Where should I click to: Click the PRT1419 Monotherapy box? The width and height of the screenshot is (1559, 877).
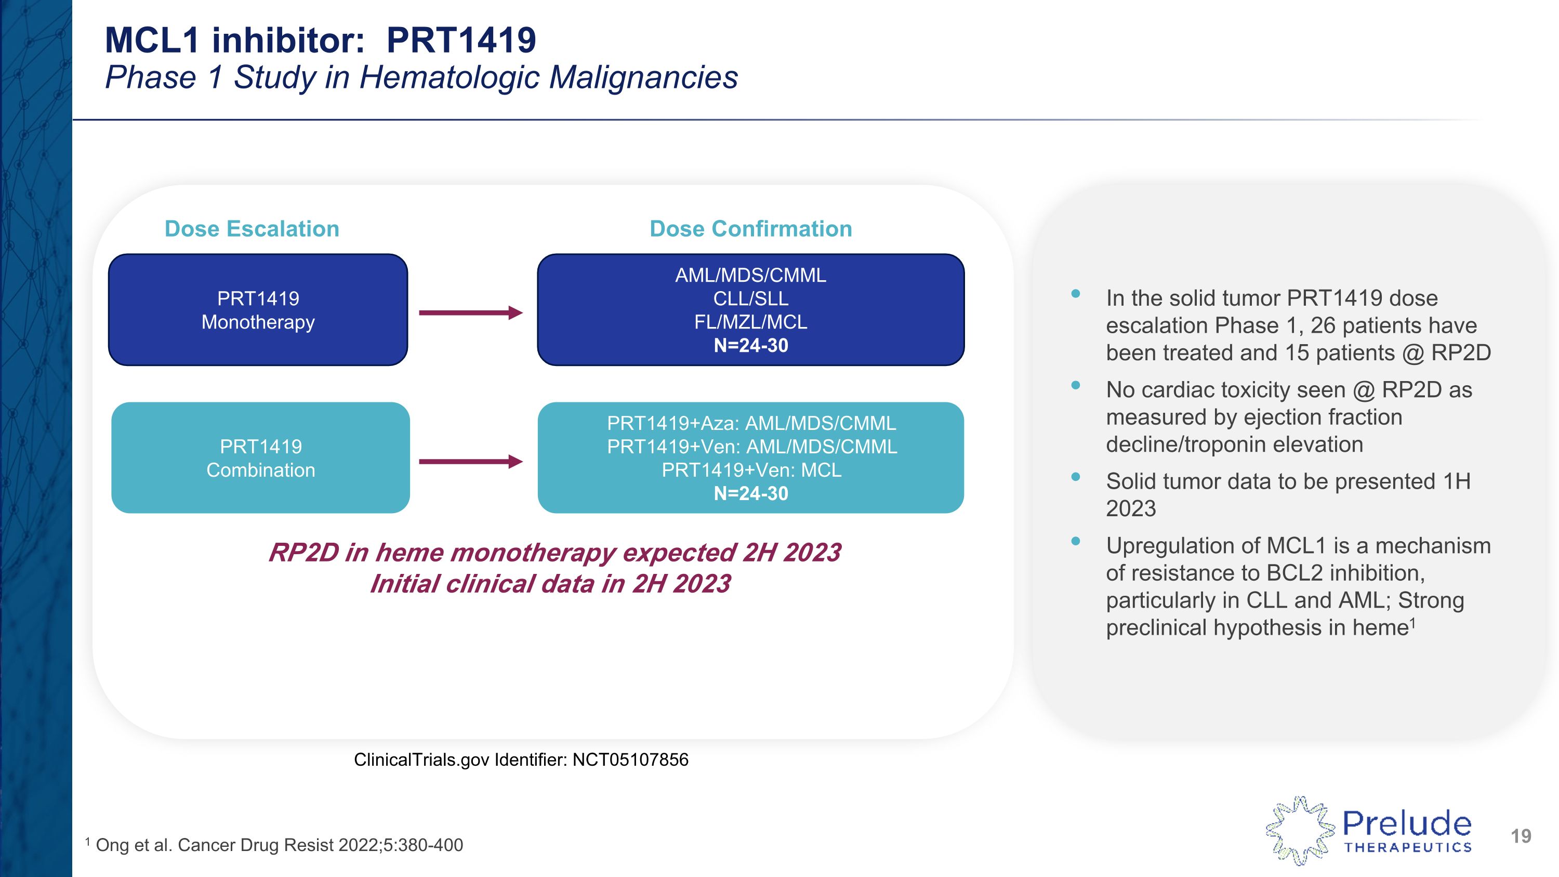258,310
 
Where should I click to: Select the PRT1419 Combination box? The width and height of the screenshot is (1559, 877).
260,458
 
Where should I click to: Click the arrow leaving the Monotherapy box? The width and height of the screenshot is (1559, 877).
470,313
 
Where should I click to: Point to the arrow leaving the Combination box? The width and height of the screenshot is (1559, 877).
470,462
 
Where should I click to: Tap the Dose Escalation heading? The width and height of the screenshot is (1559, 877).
252,229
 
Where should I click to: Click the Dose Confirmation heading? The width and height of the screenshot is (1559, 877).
750,229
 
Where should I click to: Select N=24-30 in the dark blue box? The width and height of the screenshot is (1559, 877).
750,346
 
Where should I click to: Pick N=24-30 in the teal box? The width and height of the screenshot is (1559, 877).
750,494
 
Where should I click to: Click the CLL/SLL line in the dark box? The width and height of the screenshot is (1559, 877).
750,298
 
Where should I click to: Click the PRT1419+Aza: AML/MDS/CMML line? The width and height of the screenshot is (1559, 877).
751,423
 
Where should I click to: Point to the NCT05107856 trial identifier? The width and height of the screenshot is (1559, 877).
630,760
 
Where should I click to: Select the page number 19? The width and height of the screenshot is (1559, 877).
1520,836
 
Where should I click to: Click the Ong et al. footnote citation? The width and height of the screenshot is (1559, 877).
279,845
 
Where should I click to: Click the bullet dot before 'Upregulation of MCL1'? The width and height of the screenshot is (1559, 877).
1075,541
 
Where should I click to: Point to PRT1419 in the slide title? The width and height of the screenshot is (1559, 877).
461,41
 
